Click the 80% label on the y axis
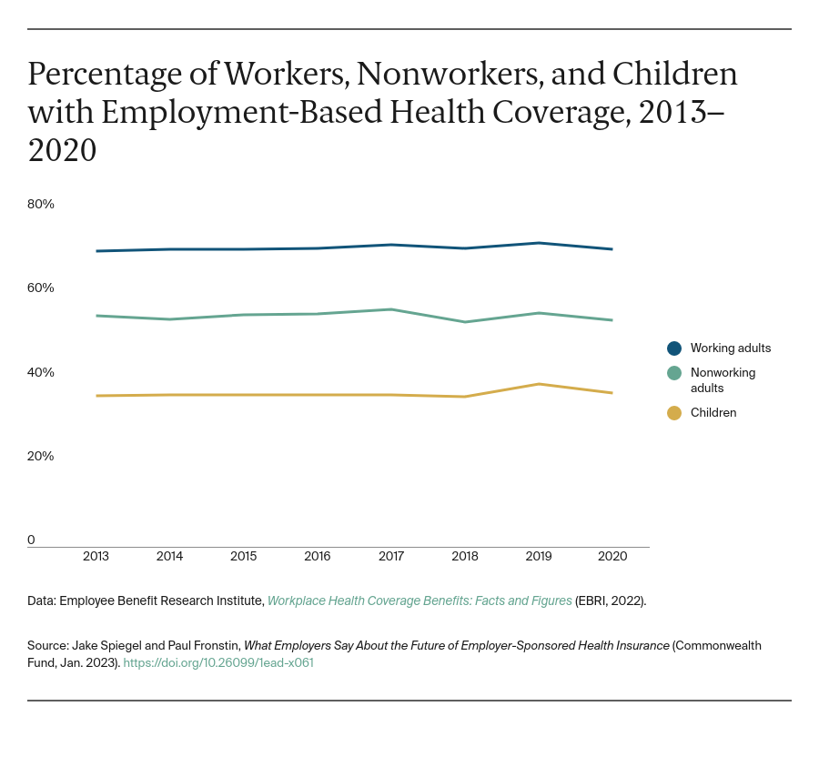click(x=41, y=204)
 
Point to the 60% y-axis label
click(x=41, y=288)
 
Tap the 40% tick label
click(x=41, y=372)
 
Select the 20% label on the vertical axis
click(x=41, y=456)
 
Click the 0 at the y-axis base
click(x=32, y=540)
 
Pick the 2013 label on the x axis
click(x=96, y=556)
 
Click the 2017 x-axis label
click(x=391, y=556)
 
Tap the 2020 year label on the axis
click(x=612, y=556)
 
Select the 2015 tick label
click(x=243, y=556)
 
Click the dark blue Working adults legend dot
click(x=674, y=348)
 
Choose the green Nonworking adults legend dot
click(x=674, y=373)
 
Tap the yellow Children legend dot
click(x=674, y=413)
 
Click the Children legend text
click(x=713, y=413)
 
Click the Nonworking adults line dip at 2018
click(x=465, y=322)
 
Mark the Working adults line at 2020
click(x=612, y=249)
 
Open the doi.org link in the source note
click(x=218, y=663)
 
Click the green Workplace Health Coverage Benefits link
click(x=420, y=601)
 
